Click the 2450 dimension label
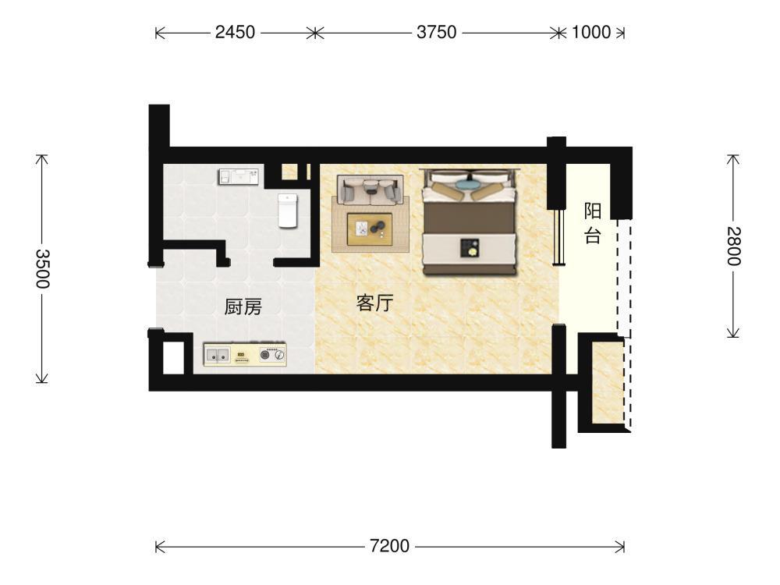tap(235, 32)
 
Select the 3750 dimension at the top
tap(436, 32)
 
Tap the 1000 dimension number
tap(591, 32)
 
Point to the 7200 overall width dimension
tap(389, 546)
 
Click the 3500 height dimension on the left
tap(43, 268)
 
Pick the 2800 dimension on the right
tap(734, 246)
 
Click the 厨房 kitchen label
tap(243, 307)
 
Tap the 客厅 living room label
tap(374, 303)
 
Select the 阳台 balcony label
tap(593, 223)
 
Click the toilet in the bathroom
tap(288, 211)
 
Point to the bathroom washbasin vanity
tap(239, 176)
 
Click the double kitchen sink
tap(217, 355)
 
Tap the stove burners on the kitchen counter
tap(272, 355)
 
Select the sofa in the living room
tap(370, 190)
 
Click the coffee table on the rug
tap(370, 229)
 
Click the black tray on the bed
tap(469, 248)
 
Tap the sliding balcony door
tap(559, 237)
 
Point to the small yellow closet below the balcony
tap(607, 382)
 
